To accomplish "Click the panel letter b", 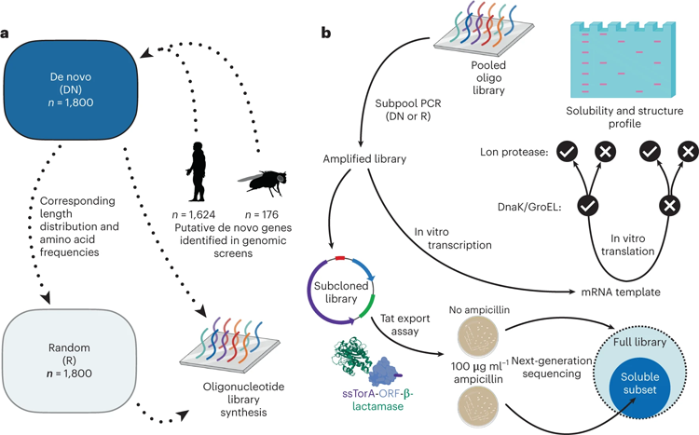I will tap(326, 33).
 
